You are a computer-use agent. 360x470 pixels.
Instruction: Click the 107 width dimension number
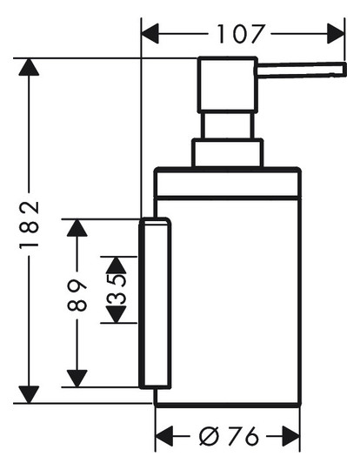click(x=241, y=34)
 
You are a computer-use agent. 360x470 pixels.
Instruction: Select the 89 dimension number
click(x=77, y=295)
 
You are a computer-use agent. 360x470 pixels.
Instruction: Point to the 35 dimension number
click(x=117, y=290)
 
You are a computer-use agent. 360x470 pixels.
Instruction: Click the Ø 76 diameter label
click(x=228, y=436)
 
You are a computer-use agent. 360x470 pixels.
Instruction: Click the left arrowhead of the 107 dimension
click(x=150, y=34)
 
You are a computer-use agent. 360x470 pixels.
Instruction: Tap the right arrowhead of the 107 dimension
click(x=336, y=34)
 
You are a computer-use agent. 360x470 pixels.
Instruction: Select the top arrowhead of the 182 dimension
click(x=29, y=67)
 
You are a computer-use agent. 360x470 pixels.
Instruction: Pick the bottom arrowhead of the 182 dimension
click(x=29, y=394)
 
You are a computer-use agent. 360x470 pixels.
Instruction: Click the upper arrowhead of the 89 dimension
click(x=77, y=228)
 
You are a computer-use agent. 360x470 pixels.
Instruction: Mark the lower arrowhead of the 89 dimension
click(x=77, y=379)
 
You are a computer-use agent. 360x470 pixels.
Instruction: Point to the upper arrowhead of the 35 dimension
click(x=117, y=265)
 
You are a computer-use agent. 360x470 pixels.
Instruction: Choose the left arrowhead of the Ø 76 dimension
click(x=164, y=436)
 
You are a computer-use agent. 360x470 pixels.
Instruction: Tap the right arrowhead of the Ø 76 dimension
click(x=290, y=436)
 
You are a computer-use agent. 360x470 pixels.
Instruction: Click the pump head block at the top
click(x=227, y=84)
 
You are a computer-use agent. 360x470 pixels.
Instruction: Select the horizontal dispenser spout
click(x=302, y=70)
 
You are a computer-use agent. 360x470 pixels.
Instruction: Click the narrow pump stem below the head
click(x=227, y=125)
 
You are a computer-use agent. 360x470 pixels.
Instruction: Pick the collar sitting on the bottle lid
click(x=227, y=153)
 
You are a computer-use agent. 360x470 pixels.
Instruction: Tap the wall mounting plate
click(x=155, y=303)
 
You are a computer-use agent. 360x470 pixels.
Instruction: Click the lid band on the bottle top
click(x=227, y=183)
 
